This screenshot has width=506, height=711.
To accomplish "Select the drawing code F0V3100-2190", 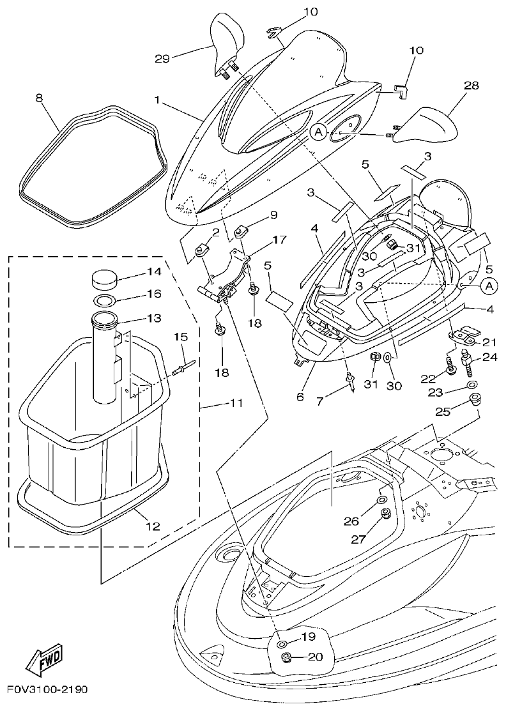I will pyautogui.click(x=48, y=690).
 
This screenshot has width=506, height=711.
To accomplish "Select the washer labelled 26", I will pyautogui.click(x=382, y=500).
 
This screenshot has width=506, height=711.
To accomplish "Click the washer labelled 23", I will pyautogui.click(x=471, y=385).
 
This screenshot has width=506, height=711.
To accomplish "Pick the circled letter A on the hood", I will pyautogui.click(x=319, y=132).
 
